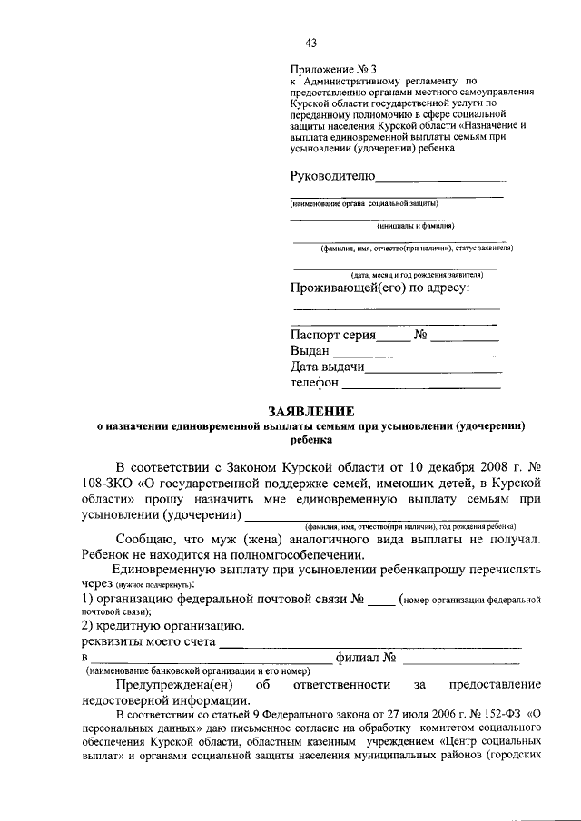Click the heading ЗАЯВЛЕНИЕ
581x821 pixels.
point(311,411)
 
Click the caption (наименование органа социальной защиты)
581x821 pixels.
point(365,204)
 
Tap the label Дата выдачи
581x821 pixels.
point(327,367)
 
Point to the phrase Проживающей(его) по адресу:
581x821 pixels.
point(379,288)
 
